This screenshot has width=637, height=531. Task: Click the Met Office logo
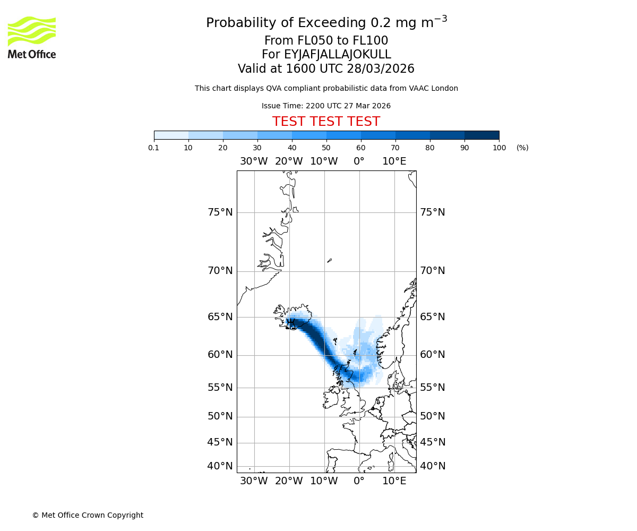pyautogui.click(x=32, y=37)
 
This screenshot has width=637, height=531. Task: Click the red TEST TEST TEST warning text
pyautogui.click(x=326, y=122)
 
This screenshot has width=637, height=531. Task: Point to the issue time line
pyautogui.click(x=326, y=106)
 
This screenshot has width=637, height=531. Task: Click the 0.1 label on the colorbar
pyautogui.click(x=154, y=148)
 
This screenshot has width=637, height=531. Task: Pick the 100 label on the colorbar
pyautogui.click(x=499, y=148)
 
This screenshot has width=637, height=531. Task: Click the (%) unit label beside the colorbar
pyautogui.click(x=522, y=148)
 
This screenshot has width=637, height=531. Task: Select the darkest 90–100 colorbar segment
pyautogui.click(x=481, y=135)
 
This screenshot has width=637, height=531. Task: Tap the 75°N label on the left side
pyautogui.click(x=220, y=212)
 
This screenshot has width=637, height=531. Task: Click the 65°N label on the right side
pyautogui.click(x=433, y=317)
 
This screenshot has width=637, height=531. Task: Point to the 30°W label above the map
pyautogui.click(x=254, y=161)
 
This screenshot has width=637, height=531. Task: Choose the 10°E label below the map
pyautogui.click(x=394, y=481)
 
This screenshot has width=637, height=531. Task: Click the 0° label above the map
pyautogui.click(x=359, y=161)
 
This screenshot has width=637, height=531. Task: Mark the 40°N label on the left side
pyautogui.click(x=220, y=466)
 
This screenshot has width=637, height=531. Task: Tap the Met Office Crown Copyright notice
pyautogui.click(x=88, y=515)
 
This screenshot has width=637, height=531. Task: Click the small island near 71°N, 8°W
pyautogui.click(x=330, y=260)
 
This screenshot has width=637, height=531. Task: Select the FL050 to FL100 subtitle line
pyautogui.click(x=326, y=41)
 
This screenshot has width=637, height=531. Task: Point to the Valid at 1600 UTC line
pyautogui.click(x=326, y=69)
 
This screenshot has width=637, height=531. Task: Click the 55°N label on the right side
pyautogui.click(x=433, y=388)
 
